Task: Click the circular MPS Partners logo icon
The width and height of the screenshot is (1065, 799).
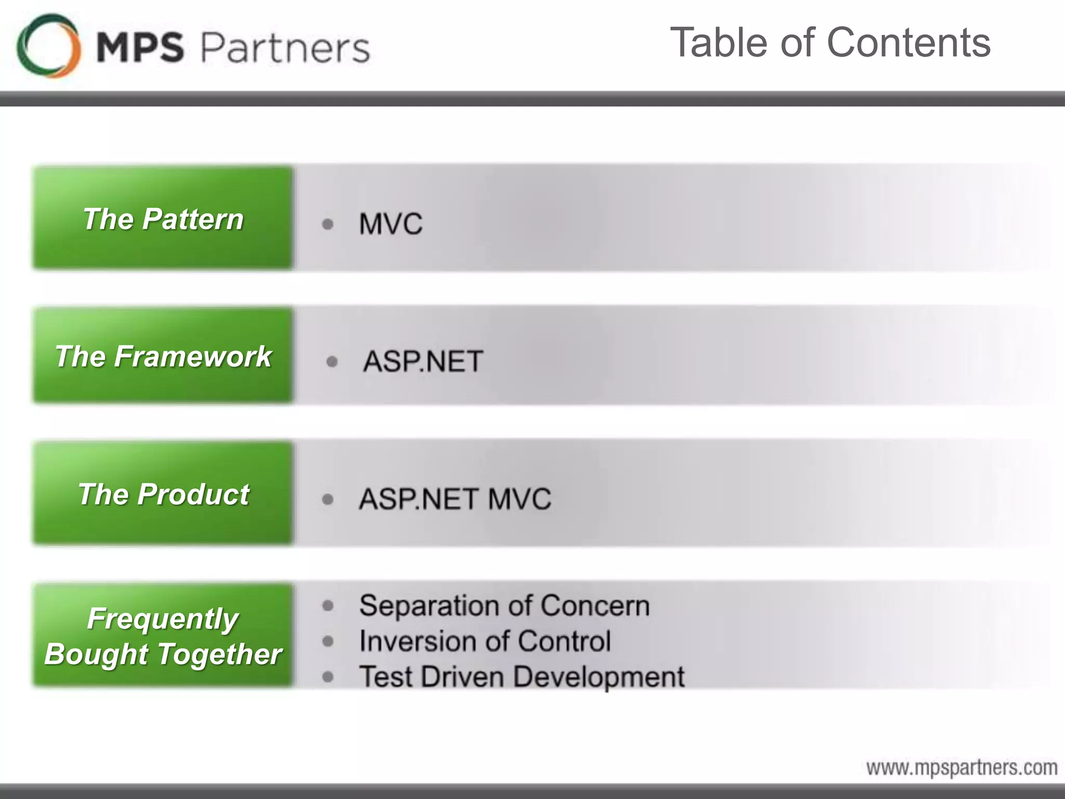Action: click(x=49, y=46)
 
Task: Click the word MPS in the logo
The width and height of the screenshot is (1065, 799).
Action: click(x=140, y=47)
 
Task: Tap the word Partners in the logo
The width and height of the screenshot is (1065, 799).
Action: click(x=285, y=48)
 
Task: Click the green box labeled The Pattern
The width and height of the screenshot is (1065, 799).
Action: click(x=163, y=218)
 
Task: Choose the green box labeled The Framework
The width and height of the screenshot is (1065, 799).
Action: click(x=163, y=356)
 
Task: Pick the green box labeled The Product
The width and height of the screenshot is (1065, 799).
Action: click(x=163, y=494)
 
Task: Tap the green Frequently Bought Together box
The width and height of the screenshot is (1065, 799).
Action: click(x=163, y=636)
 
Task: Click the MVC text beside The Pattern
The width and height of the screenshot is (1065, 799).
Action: click(x=391, y=224)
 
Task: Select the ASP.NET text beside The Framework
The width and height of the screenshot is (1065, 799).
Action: click(x=423, y=362)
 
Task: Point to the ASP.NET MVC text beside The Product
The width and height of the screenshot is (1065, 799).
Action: click(x=455, y=499)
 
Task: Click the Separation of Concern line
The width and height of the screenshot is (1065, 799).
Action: click(x=504, y=606)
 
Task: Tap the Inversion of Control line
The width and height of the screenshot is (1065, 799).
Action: click(x=485, y=641)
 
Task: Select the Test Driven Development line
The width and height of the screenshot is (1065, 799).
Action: click(x=522, y=677)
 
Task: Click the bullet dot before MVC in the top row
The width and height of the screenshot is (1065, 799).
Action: click(x=328, y=224)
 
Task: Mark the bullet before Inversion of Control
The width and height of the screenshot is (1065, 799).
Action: click(x=328, y=641)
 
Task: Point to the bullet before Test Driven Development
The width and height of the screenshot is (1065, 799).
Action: click(x=328, y=677)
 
